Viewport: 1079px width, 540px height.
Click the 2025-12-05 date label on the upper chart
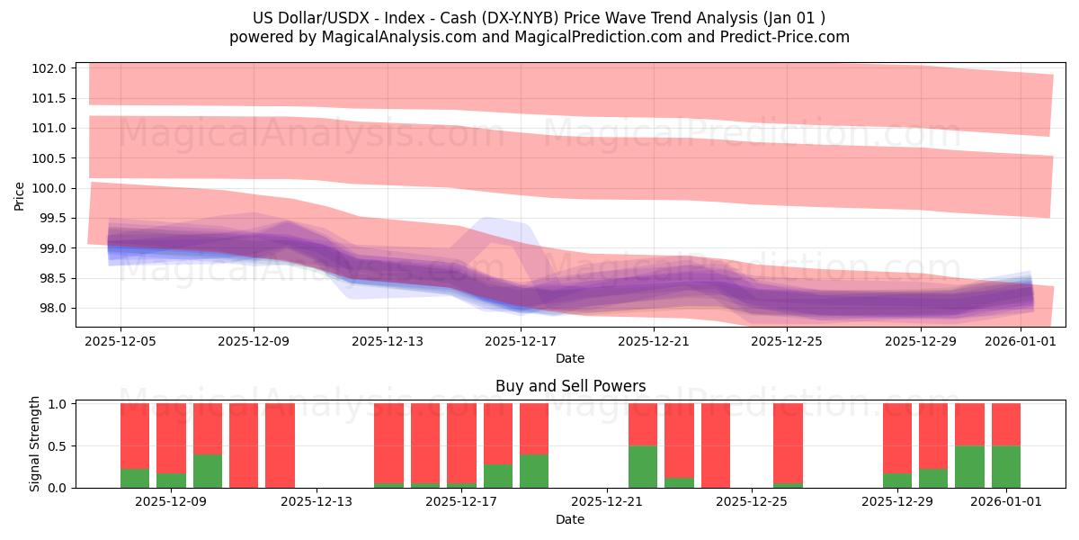(x=120, y=341)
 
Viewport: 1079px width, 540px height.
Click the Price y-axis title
(x=20, y=195)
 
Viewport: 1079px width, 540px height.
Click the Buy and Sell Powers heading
(x=570, y=386)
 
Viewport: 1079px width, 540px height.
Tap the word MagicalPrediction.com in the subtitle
(x=585, y=37)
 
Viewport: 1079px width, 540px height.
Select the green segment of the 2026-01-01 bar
(x=1005, y=466)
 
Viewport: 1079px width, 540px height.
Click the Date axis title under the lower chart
(x=570, y=519)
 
